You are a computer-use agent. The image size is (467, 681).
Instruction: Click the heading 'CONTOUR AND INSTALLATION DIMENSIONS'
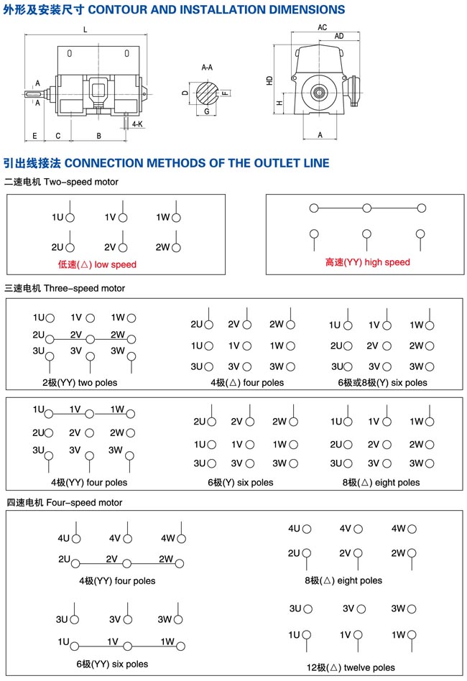[216, 10]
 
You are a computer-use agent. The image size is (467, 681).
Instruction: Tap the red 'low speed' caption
[97, 264]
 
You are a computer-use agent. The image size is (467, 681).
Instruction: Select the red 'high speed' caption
[367, 262]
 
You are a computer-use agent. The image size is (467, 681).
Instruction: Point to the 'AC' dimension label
[322, 27]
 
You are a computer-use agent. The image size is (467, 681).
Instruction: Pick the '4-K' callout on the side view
[138, 124]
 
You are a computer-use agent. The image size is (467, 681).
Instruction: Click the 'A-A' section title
[207, 68]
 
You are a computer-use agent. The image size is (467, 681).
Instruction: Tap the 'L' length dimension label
[85, 29]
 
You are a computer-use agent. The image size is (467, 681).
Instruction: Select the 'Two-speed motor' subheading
[61, 182]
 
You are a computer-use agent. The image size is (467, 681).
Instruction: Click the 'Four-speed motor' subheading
[64, 503]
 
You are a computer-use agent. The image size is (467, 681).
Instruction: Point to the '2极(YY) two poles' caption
[80, 383]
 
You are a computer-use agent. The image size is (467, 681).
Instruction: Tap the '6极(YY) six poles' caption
[112, 664]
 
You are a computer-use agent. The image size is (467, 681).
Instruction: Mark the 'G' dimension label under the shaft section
[206, 112]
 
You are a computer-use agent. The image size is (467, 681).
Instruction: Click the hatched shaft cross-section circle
[207, 92]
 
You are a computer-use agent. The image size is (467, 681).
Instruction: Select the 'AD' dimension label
[338, 36]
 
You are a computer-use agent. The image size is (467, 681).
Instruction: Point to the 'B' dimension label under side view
[99, 136]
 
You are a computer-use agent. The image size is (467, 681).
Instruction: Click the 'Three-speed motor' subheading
[65, 288]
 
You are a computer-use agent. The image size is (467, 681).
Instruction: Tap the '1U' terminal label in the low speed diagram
[57, 217]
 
